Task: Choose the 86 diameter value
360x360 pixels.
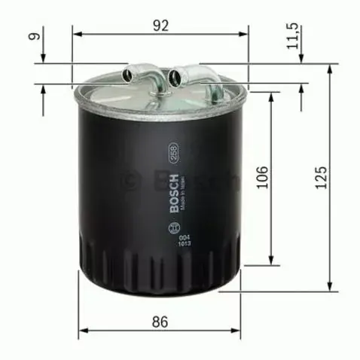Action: [160, 322]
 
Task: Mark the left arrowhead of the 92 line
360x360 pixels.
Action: [76, 33]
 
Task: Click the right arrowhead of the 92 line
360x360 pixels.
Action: [244, 33]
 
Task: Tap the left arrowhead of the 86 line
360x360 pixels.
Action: [83, 332]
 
